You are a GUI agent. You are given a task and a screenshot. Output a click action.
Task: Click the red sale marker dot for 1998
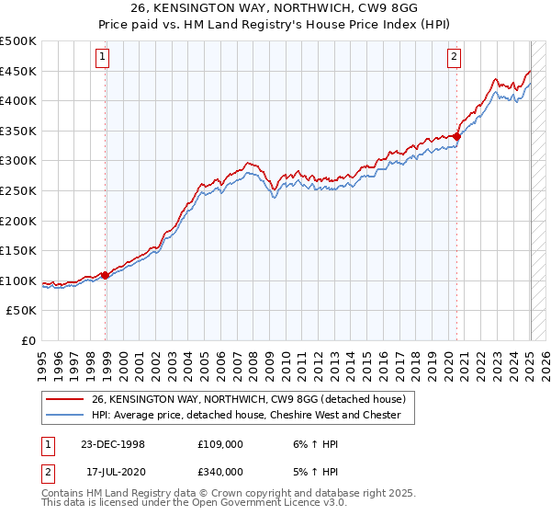[106, 274]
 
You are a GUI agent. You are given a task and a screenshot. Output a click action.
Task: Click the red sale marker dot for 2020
[456, 136]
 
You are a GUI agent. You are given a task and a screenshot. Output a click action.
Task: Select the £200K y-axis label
[18, 221]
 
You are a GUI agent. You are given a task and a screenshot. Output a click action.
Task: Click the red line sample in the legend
[65, 399]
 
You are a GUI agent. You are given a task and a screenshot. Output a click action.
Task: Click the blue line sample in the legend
[65, 415]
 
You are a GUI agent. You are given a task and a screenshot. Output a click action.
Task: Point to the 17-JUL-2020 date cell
[112, 472]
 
